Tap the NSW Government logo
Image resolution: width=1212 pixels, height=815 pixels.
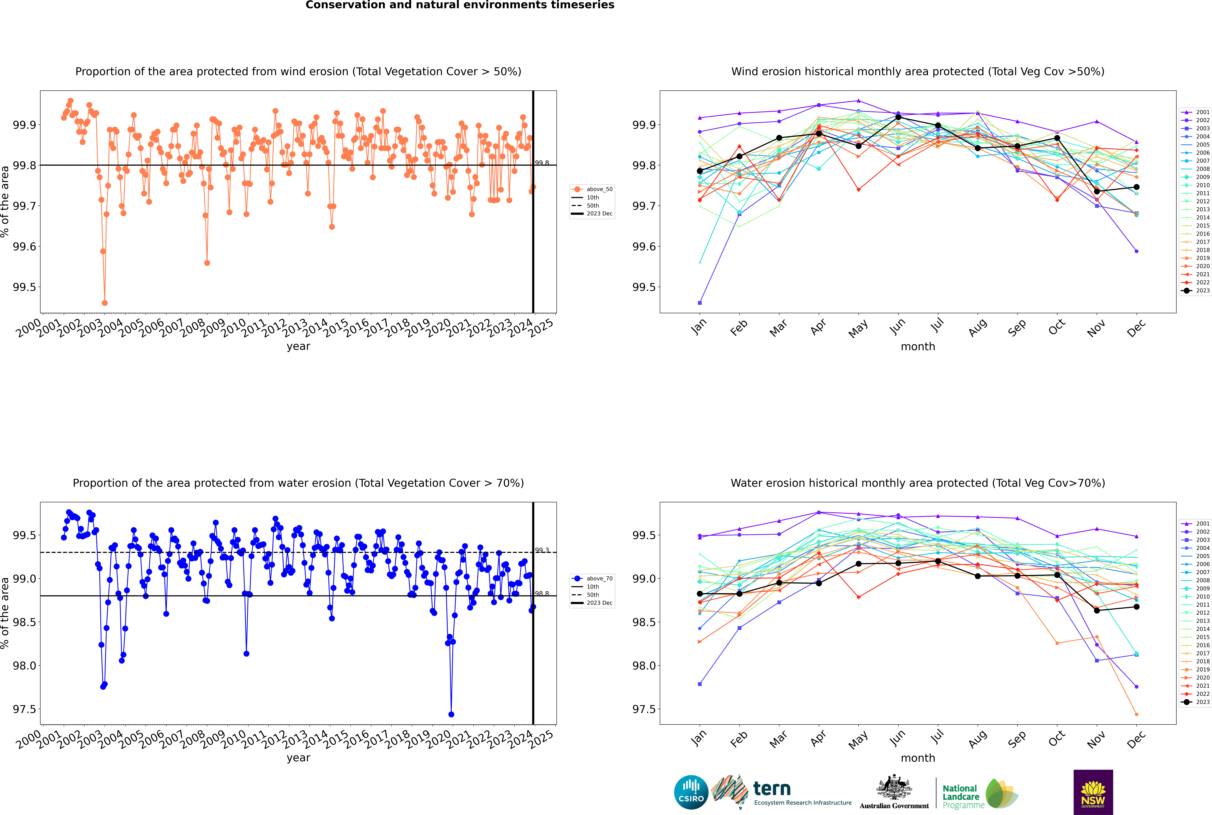(x=1093, y=792)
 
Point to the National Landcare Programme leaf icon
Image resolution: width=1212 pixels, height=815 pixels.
(x=1002, y=793)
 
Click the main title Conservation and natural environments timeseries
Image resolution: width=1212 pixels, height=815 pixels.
(x=460, y=5)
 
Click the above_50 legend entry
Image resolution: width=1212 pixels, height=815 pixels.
(x=592, y=189)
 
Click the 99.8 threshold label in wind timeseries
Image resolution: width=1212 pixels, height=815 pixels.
(x=542, y=163)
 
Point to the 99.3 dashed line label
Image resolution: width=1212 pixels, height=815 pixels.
(x=542, y=550)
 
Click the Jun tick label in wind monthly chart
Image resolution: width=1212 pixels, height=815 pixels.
(x=897, y=326)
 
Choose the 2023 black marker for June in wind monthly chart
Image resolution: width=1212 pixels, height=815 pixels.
(x=898, y=117)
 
